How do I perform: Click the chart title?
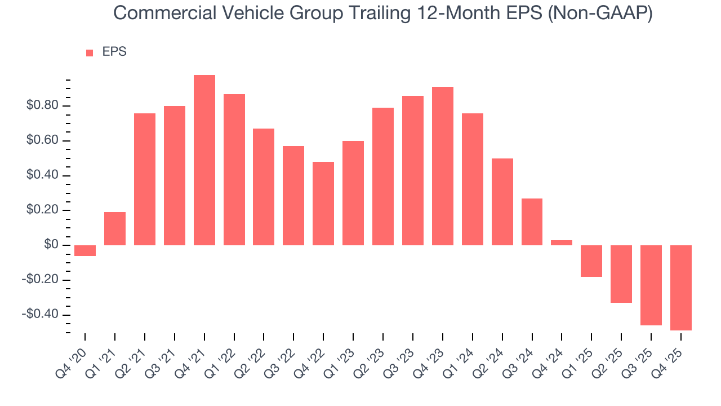coord(383,13)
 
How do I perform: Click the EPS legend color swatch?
coord(90,53)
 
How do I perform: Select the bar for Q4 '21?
coord(204,160)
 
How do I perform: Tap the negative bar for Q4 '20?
coord(85,250)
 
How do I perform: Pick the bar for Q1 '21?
coord(115,228)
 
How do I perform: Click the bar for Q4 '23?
coord(442,166)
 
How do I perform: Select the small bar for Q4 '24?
coord(562,242)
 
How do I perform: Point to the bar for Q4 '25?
coord(680,288)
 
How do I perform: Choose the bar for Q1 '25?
coord(591,261)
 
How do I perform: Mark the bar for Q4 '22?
coord(323,204)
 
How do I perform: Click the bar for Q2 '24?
coord(502,202)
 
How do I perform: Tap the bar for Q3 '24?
coord(532,222)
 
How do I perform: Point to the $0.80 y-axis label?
coord(42,106)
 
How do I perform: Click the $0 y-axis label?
coord(52,245)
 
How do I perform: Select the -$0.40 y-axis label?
coord(39,315)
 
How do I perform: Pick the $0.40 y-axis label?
coord(42,176)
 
